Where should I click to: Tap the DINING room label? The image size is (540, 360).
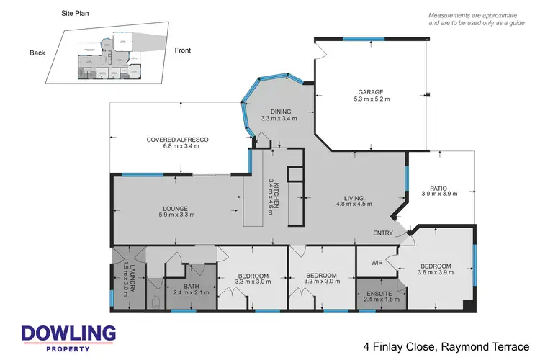[275, 111]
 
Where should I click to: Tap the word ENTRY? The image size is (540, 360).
[382, 233]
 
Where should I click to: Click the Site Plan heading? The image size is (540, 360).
[76, 14]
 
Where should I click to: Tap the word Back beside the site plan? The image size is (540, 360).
[37, 53]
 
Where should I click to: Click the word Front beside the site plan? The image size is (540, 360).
[184, 50]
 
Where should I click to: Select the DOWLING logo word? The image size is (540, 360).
[68, 333]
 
